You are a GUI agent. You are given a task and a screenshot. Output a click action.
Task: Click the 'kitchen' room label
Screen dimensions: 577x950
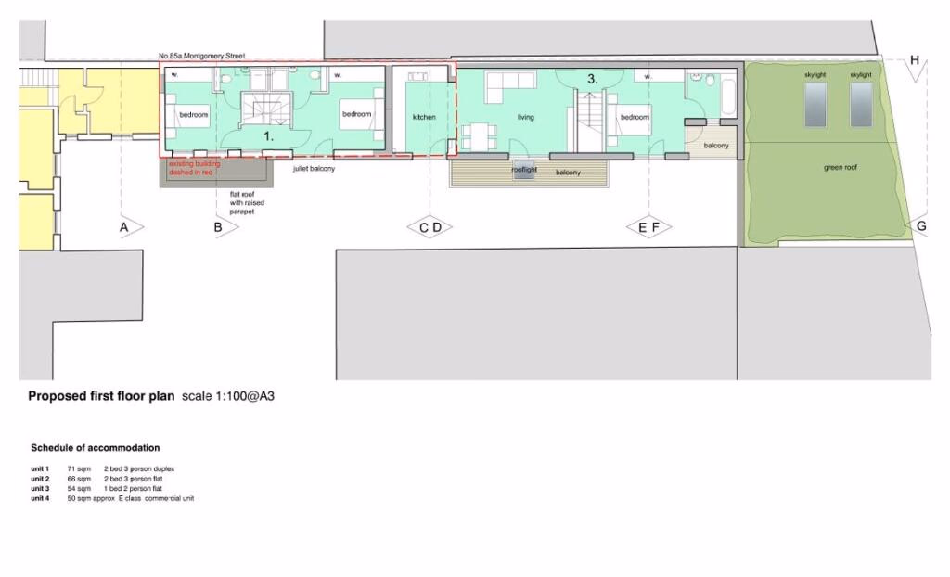coord(424,118)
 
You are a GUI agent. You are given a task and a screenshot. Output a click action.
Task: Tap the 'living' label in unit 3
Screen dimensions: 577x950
coord(526,118)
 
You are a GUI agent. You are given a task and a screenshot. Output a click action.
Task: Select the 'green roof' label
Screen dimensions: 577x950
coord(839,168)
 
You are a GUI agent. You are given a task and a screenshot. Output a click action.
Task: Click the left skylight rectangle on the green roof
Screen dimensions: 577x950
coord(815,104)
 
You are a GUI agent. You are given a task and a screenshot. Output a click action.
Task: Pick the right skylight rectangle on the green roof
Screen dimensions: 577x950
coord(861,104)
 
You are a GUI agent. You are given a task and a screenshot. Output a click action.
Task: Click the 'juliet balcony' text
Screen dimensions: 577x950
coord(315,170)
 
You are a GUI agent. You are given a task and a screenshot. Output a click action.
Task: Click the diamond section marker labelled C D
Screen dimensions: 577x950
coord(430,227)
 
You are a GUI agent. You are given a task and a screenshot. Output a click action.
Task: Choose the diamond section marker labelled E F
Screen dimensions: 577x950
coord(648,227)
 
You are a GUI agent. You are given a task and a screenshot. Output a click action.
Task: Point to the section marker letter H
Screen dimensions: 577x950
coord(915,61)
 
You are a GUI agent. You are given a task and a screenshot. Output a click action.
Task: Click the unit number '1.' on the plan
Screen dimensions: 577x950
coord(269,135)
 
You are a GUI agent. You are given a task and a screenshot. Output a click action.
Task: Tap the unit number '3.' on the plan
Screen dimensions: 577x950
coord(592,80)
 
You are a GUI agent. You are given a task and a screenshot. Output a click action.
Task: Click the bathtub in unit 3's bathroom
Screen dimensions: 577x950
coord(727,96)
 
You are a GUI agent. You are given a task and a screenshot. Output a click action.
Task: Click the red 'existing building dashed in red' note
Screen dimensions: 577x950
coord(191,168)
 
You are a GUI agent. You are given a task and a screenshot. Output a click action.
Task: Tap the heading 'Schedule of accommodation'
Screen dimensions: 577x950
coord(95,448)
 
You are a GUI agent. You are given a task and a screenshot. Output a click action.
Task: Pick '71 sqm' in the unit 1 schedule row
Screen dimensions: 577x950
coord(79,469)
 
